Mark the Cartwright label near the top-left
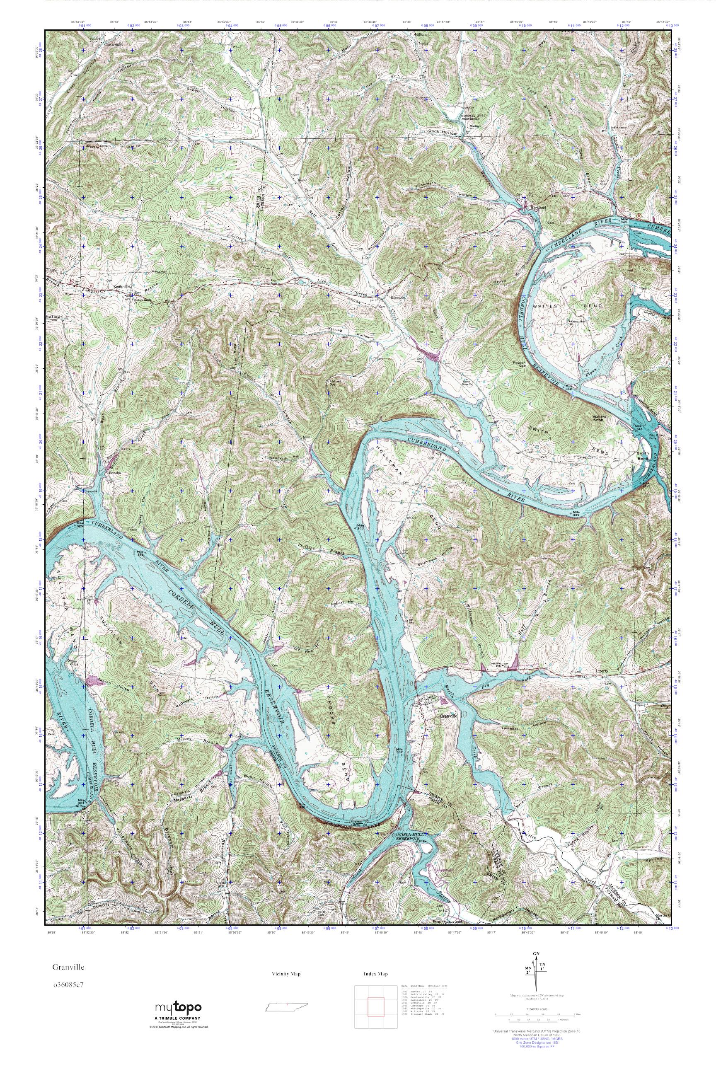pos(113,45)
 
